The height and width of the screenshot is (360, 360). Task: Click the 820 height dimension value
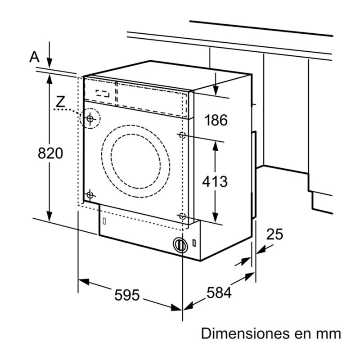pyautogui.click(x=50, y=153)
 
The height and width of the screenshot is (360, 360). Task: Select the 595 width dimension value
pyautogui.click(x=127, y=295)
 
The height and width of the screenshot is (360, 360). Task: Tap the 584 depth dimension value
pyautogui.click(x=219, y=293)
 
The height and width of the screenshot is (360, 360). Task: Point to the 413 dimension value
pyautogui.click(x=215, y=181)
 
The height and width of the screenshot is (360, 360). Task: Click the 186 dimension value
pyautogui.click(x=216, y=120)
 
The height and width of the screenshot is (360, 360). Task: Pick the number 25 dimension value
pyautogui.click(x=274, y=234)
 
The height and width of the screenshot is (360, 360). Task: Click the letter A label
pyautogui.click(x=34, y=57)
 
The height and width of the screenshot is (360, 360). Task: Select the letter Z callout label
pyautogui.click(x=60, y=102)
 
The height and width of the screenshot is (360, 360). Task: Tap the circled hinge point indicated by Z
pyautogui.click(x=90, y=119)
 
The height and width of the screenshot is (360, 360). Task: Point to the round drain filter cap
pyautogui.click(x=180, y=244)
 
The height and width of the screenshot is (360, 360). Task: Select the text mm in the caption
pyautogui.click(x=330, y=334)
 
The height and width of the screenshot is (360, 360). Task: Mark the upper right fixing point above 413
pyautogui.click(x=182, y=135)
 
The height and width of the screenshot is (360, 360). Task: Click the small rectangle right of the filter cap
pyautogui.click(x=193, y=243)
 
